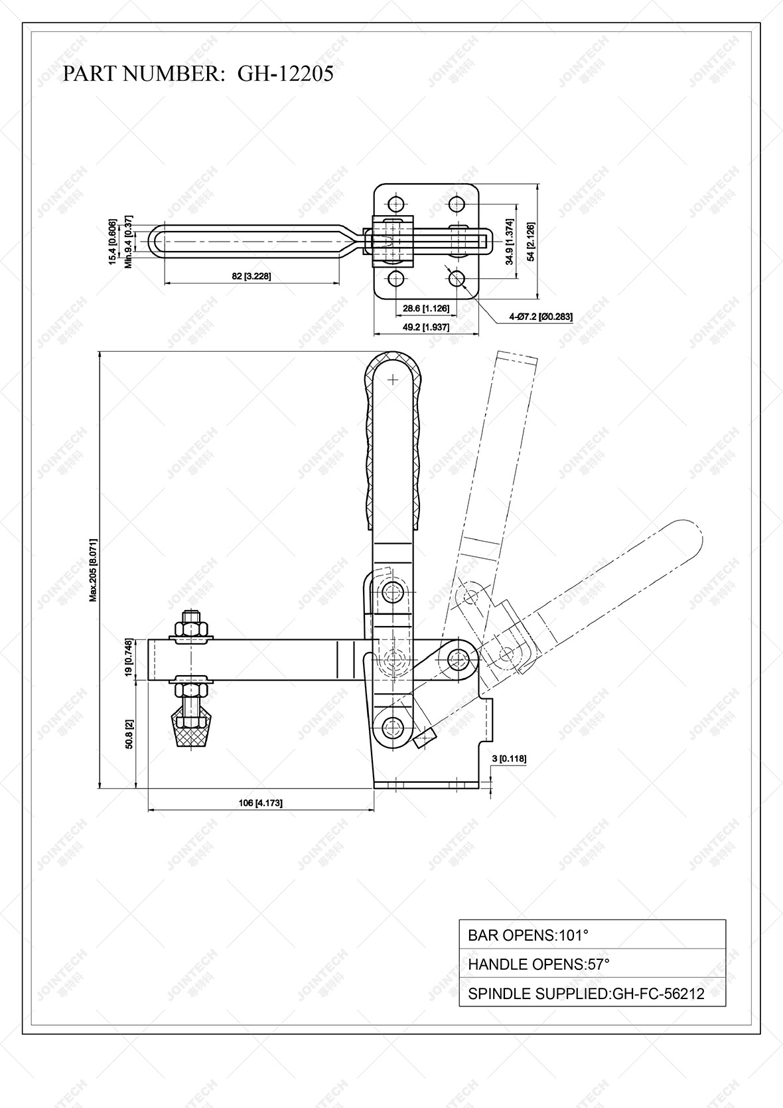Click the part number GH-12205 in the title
point(285,74)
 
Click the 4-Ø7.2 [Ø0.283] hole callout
point(540,317)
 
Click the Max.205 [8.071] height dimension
point(94,570)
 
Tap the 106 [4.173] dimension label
point(260,803)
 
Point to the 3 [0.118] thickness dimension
point(510,758)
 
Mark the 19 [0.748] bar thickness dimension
point(130,659)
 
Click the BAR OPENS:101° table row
point(592,935)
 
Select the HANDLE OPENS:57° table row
point(592,964)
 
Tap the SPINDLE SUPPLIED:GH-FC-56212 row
point(592,993)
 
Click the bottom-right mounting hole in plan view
point(457,278)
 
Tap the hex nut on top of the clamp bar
point(191,627)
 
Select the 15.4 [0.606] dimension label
point(113,242)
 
